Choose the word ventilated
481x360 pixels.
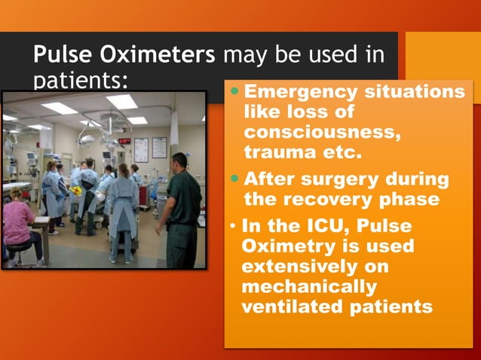click(x=287, y=307)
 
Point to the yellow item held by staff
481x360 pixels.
click(x=76, y=191)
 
